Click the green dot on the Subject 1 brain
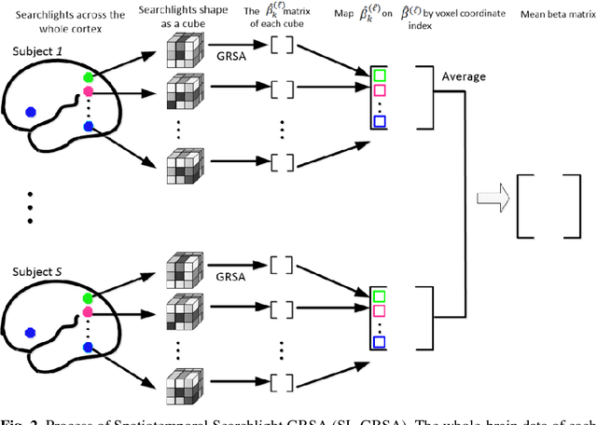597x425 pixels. click(x=88, y=79)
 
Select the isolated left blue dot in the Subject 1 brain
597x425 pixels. click(x=31, y=111)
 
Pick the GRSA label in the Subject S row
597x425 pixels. click(x=227, y=276)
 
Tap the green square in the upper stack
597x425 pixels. click(x=378, y=74)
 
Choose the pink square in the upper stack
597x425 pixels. click(x=378, y=90)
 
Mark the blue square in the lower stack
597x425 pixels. click(x=378, y=342)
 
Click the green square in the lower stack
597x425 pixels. click(x=378, y=296)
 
